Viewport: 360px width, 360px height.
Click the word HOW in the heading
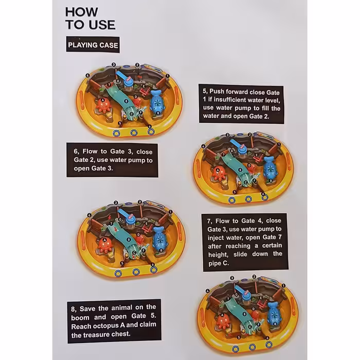[x=82, y=12]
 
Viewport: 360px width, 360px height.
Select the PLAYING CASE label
[x=93, y=45]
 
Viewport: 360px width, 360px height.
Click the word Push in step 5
[x=217, y=92]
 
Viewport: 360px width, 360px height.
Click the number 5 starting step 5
[x=205, y=92]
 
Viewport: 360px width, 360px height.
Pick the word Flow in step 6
[x=90, y=151]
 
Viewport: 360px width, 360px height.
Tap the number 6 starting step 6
[x=76, y=152]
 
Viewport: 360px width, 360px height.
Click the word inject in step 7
[x=217, y=238]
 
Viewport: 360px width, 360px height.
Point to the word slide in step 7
[x=240, y=255]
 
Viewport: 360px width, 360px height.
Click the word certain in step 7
[x=272, y=246]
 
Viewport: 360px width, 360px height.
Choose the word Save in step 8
[x=87, y=309]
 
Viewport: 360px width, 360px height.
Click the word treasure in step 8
[x=94, y=335]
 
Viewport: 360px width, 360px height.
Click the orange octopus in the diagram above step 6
[x=103, y=105]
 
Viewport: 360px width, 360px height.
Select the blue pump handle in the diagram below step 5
[x=236, y=143]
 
